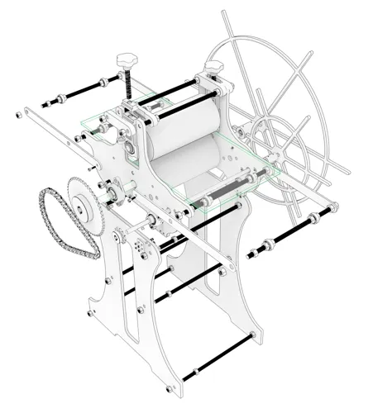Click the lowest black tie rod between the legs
click(x=223, y=355)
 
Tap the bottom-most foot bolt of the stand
click(x=171, y=387)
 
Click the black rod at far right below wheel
click(x=289, y=231)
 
